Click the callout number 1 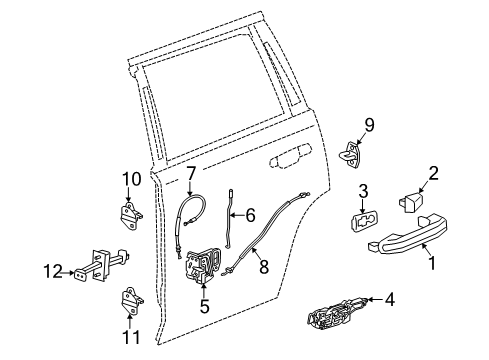432,264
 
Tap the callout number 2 433,173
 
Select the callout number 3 364,190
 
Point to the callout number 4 389,326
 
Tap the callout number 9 368,125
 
